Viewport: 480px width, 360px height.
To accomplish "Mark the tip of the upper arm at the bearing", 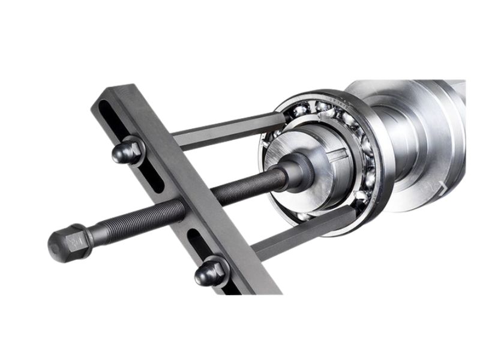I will point(282,117).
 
